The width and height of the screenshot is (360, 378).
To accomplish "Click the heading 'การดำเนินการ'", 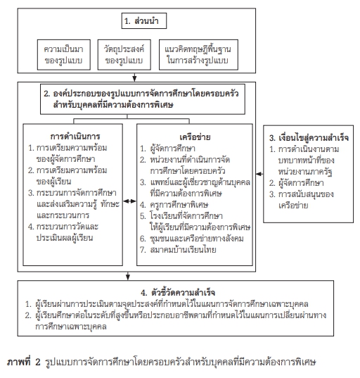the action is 75,137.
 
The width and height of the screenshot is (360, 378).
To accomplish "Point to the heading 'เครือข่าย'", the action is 195,137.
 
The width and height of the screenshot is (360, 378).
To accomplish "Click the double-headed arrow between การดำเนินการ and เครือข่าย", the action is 129,201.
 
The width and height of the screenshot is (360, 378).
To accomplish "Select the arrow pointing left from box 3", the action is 259,174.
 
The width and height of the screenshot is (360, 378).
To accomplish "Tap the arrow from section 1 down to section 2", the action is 134,77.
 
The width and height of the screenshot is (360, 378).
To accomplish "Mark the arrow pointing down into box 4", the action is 128,276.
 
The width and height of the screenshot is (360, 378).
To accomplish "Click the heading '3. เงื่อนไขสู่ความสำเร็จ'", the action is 309,138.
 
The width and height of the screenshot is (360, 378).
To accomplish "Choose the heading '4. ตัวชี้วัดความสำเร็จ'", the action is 178,293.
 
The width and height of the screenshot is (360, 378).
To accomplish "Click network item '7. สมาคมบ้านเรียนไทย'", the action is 178,249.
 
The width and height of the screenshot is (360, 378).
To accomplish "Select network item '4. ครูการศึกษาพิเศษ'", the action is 174,205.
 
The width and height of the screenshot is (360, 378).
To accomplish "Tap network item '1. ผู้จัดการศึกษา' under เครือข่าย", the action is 167,149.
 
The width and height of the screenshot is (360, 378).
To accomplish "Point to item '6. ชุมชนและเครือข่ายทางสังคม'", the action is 192,239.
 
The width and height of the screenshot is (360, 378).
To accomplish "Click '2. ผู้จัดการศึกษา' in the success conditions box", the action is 297,183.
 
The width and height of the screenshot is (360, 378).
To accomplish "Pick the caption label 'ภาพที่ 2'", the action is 23,362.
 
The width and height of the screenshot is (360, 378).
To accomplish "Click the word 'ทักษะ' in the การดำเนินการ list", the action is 110,204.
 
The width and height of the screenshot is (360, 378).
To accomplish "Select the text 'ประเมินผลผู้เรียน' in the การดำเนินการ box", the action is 65,238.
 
